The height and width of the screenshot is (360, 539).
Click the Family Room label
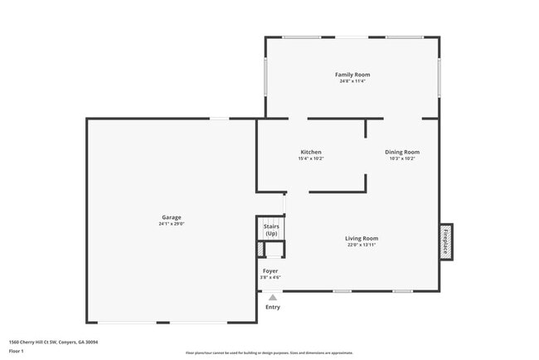[x=352, y=75]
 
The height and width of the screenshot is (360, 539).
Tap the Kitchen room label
[x=311, y=152]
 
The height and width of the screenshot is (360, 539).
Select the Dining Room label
[x=402, y=152]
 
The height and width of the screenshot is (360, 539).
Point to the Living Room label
[x=362, y=238]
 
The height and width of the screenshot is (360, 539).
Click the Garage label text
[x=171, y=217]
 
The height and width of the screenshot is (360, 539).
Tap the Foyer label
[x=271, y=270]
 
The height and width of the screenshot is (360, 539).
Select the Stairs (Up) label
[x=271, y=230]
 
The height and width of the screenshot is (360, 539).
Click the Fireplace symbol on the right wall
[x=446, y=241]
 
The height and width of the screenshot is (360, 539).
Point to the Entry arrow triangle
[x=272, y=296]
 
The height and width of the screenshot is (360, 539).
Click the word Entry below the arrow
[x=272, y=307]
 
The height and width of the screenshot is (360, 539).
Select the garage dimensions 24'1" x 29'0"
[x=171, y=224]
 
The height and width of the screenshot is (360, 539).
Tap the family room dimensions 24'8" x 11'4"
[x=352, y=81]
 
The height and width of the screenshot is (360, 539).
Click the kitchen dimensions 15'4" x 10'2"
[x=311, y=158]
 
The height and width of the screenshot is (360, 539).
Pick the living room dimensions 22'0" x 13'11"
[x=362, y=245]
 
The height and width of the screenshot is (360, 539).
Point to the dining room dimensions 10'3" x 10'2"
[x=402, y=158]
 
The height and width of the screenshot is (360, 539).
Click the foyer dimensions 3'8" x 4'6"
[x=271, y=277]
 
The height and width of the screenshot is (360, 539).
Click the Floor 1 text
[x=17, y=351]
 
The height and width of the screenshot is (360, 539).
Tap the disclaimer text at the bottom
[x=269, y=353]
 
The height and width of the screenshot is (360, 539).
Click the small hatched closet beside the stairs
[x=260, y=249]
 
